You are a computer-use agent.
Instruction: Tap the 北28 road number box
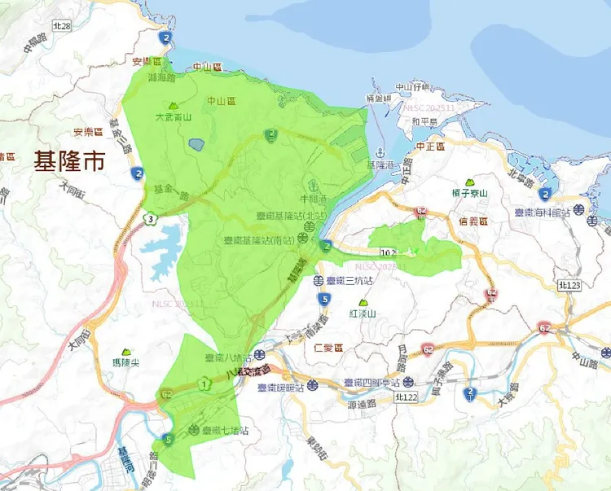click(x=62, y=27)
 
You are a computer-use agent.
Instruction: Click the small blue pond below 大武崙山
click(x=196, y=144)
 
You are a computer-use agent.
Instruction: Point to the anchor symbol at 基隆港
click(x=379, y=152)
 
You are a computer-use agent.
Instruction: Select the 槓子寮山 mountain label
click(x=470, y=193)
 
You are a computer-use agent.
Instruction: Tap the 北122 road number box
click(x=405, y=397)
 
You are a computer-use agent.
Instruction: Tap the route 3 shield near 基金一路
click(x=151, y=219)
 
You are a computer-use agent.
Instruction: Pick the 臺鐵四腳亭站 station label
click(x=371, y=383)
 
